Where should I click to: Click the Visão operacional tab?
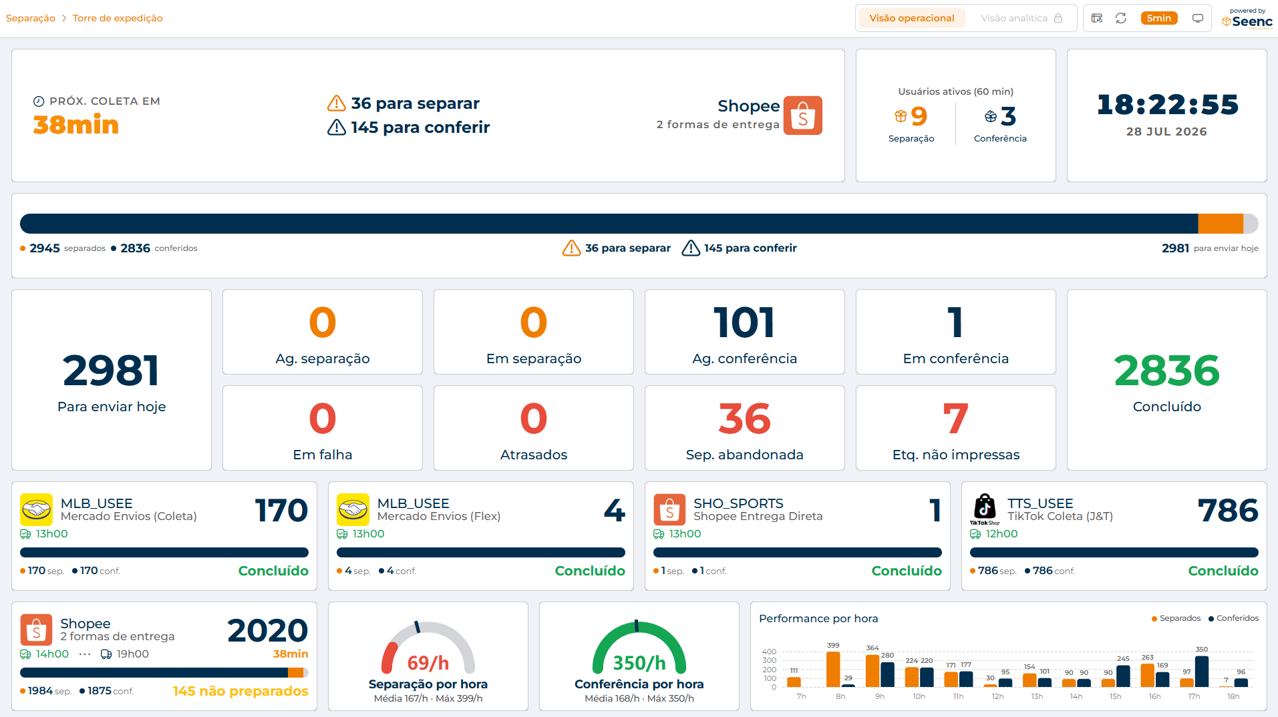pos(911,18)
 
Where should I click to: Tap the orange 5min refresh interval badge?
pos(1159,18)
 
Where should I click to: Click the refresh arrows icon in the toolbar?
pos(1121,18)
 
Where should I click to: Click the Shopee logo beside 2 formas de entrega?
pos(803,115)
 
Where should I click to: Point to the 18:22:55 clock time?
pos(1167,104)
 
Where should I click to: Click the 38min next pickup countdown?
pos(76,125)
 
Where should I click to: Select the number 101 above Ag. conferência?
pos(744,322)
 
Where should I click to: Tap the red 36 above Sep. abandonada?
pos(744,419)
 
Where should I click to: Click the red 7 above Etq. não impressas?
pos(955,419)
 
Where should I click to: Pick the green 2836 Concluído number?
pos(1166,371)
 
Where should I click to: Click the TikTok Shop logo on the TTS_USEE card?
pos(985,509)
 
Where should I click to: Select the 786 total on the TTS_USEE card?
pos(1228,511)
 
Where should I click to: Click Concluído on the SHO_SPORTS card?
pos(907,571)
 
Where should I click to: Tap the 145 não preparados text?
pos(241,691)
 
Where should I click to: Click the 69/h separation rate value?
pos(428,663)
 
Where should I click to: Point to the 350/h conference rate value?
pos(639,663)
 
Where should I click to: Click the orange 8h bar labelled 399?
pos(833,669)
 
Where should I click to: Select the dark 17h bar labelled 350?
pos(1201,672)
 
